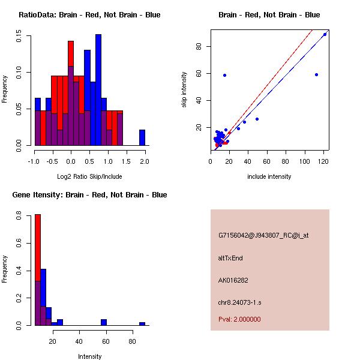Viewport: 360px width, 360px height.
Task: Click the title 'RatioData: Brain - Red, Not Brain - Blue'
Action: (x=89, y=15)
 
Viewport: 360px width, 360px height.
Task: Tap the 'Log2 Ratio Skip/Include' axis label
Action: (x=89, y=177)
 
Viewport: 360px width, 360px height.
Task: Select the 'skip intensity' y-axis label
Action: (x=185, y=90)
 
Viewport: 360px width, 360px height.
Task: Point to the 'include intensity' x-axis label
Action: (x=269, y=177)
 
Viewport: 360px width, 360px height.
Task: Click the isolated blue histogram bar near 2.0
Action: (x=142, y=137)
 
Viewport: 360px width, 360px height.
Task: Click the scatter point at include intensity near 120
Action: (x=325, y=34)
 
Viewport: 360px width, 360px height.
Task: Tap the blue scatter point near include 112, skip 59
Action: (x=316, y=74)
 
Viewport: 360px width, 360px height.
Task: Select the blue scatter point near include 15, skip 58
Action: (x=224, y=75)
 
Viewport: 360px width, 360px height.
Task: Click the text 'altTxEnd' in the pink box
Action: (x=231, y=258)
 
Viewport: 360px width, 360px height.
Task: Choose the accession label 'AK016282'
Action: (x=233, y=280)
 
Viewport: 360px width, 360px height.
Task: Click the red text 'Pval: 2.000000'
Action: (x=239, y=319)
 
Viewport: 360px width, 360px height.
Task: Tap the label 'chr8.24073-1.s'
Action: (x=239, y=301)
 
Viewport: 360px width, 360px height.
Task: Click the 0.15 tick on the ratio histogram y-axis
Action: (x=19, y=37)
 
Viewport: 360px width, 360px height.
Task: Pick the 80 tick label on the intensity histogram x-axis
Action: (x=133, y=341)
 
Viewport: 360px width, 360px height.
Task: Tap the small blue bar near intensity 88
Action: (x=142, y=323)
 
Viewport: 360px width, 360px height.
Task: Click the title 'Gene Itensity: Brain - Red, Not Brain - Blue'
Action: (x=89, y=195)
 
